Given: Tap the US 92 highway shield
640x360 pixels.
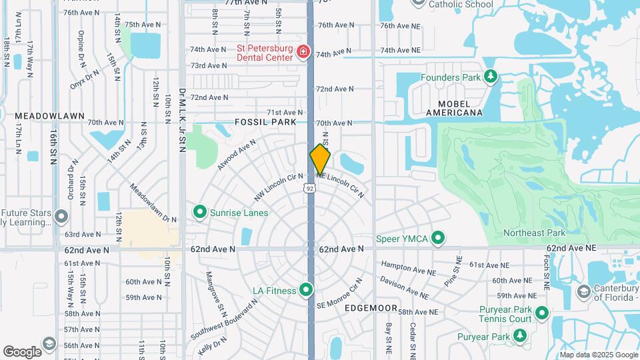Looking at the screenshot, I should [310, 189].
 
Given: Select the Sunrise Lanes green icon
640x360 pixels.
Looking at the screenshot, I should [199, 212].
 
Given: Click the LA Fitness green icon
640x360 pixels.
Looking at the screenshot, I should [306, 290].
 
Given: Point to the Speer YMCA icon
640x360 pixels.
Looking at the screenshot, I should [438, 238].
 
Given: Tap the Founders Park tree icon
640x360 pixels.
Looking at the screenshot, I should [491, 77].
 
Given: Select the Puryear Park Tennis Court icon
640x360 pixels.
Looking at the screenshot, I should [542, 312].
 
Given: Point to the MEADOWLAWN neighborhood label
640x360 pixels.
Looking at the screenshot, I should [50, 115].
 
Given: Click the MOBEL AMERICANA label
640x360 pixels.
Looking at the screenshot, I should [459, 108].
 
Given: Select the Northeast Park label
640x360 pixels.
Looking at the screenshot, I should [534, 233].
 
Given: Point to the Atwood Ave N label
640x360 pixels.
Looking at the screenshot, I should [236, 155].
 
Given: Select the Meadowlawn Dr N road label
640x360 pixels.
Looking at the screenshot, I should [153, 204].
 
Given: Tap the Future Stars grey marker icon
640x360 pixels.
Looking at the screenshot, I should [61, 217].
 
